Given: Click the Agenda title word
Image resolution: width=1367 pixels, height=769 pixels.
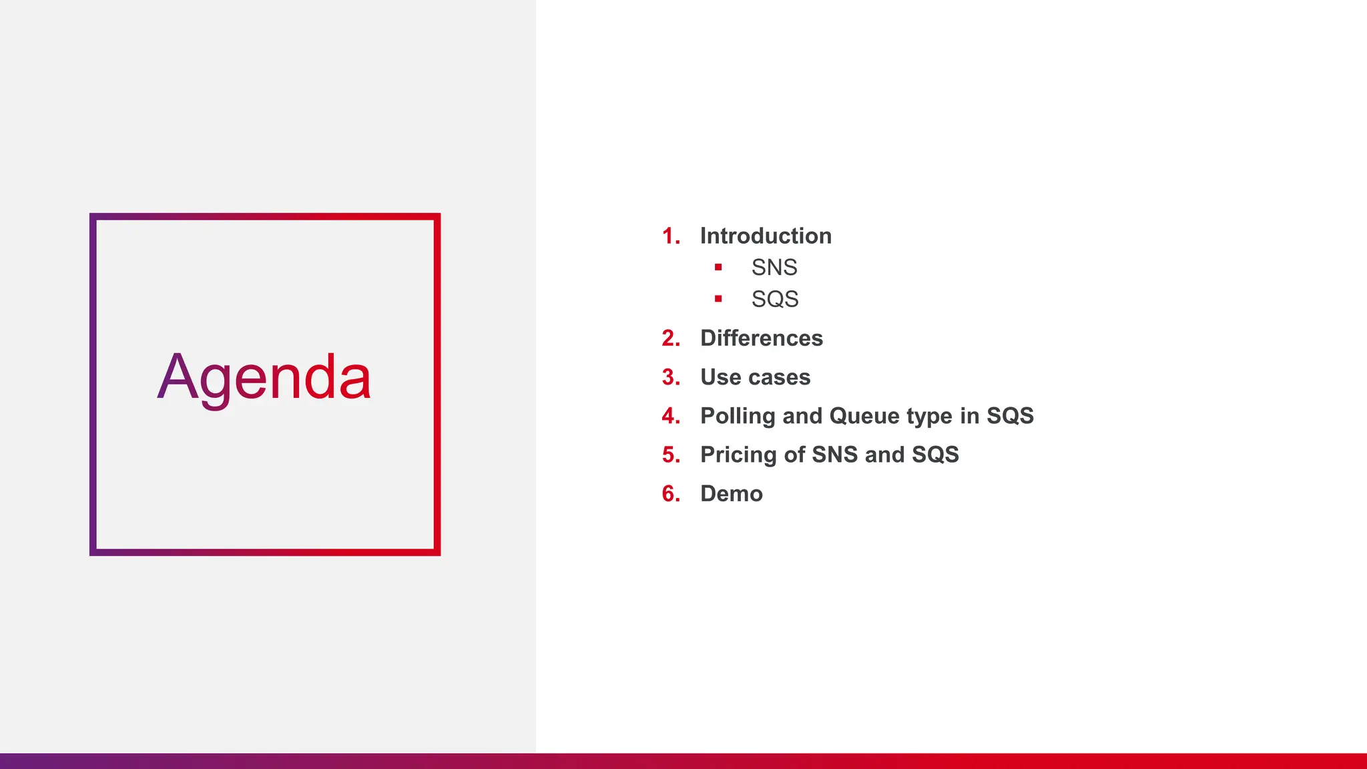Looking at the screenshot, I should pyautogui.click(x=264, y=378).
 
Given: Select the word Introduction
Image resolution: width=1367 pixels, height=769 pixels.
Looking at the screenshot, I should pyautogui.click(x=766, y=236).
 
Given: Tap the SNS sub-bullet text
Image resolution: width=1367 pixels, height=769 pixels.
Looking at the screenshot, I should pyautogui.click(x=774, y=267).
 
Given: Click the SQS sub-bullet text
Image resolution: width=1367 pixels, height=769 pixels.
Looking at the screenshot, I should pyautogui.click(x=775, y=299).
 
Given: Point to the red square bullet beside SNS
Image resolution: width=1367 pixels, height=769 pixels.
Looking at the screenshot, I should pyautogui.click(x=718, y=267).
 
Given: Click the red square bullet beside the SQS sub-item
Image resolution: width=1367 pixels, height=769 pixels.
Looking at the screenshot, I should pyautogui.click(x=718, y=298).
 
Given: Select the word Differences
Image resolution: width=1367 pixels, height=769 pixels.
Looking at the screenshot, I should pyautogui.click(x=762, y=338).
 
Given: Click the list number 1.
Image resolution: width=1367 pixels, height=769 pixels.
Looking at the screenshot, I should pyautogui.click(x=670, y=236).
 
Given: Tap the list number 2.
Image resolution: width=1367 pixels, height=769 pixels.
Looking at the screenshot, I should pyautogui.click(x=670, y=338).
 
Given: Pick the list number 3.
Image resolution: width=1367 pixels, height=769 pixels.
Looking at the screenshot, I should pyautogui.click(x=670, y=377).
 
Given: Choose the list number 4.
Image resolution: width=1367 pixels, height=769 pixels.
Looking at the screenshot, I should pyautogui.click(x=670, y=416).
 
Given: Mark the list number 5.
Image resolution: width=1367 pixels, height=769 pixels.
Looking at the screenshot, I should pyautogui.click(x=670, y=455).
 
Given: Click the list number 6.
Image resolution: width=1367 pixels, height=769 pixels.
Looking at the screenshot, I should pyautogui.click(x=670, y=493).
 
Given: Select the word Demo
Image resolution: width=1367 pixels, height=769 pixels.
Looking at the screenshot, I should pyautogui.click(x=732, y=493).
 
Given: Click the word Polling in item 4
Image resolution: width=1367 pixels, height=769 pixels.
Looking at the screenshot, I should pyautogui.click(x=738, y=416).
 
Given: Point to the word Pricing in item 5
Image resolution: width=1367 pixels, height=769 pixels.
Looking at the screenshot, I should pyautogui.click(x=738, y=455).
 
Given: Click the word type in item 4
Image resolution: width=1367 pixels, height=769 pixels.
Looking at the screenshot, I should pyautogui.click(x=930, y=417).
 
